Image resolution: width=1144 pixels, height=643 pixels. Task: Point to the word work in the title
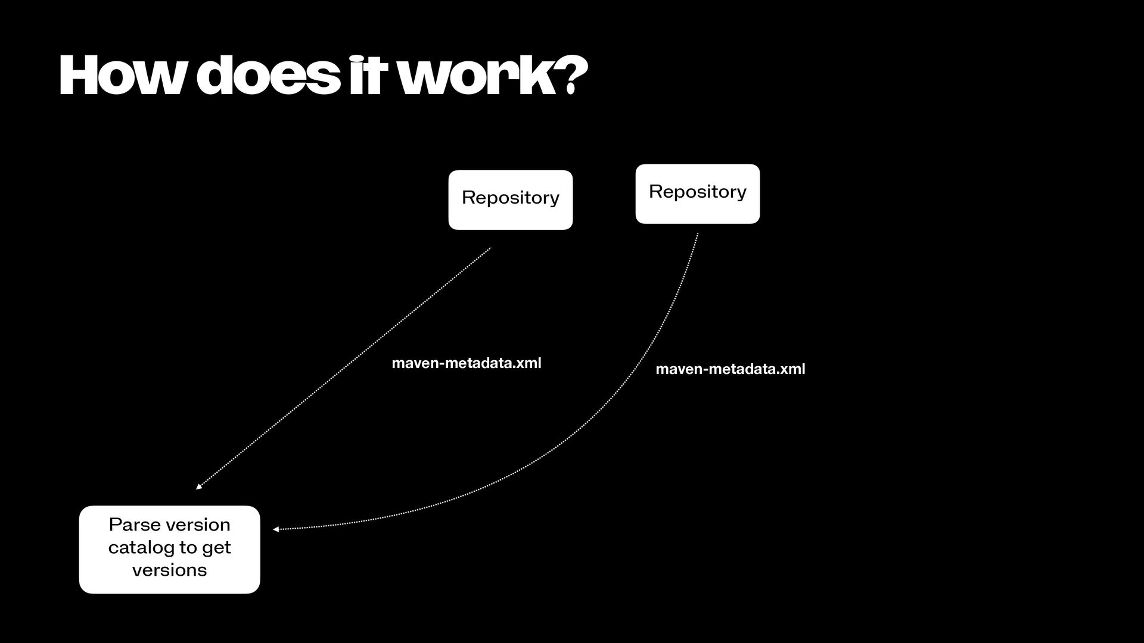[x=477, y=76]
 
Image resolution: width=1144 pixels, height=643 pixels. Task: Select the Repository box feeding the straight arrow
[x=510, y=200]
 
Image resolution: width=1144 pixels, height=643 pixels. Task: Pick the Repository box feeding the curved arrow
[x=697, y=194]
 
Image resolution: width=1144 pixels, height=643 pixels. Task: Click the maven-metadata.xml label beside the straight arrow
[x=467, y=363]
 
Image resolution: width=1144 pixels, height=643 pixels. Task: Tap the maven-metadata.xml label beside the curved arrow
[x=730, y=369]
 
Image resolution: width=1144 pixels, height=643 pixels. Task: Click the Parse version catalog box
[x=169, y=550]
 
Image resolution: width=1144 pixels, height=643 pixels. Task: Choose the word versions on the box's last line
[x=169, y=570]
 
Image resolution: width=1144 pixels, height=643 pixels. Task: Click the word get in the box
[x=216, y=547]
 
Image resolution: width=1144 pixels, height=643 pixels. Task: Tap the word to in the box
[x=187, y=547]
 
